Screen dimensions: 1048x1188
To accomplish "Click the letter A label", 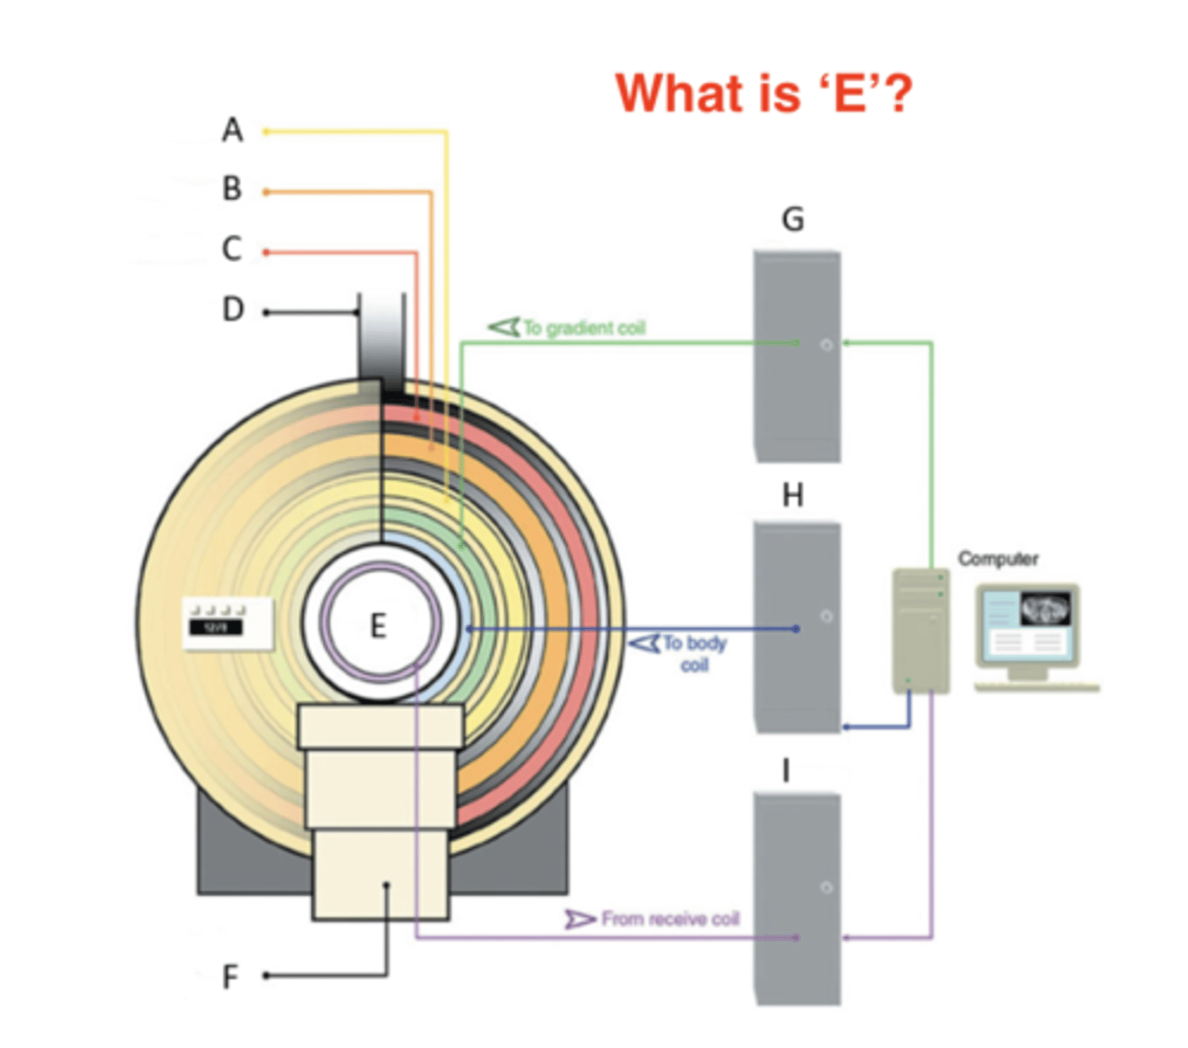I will tap(231, 130).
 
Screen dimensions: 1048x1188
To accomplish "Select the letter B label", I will tap(231, 189).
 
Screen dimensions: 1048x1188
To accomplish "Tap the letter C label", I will tap(231, 249).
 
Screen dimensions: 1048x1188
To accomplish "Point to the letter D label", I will tap(232, 310).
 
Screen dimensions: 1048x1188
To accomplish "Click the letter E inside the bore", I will tap(377, 626).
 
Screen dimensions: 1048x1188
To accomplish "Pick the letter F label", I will tap(231, 976).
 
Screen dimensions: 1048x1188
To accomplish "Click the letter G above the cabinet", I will tap(792, 219).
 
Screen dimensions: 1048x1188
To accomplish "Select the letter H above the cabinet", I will tap(792, 496).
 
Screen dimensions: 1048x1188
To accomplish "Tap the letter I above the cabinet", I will tap(786, 771).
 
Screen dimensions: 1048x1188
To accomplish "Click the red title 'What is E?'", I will tap(763, 93).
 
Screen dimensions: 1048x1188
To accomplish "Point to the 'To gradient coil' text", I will tap(584, 328).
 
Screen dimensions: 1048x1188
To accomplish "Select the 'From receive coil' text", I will tap(670, 919).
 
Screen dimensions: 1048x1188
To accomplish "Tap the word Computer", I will tap(998, 558).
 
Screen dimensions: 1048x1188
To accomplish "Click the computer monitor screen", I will tap(1027, 623).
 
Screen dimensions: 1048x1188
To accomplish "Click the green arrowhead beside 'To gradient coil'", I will tap(504, 327).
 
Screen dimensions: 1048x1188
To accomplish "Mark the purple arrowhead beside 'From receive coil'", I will tap(579, 919).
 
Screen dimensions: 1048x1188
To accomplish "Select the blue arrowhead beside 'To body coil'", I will tap(645, 644).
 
